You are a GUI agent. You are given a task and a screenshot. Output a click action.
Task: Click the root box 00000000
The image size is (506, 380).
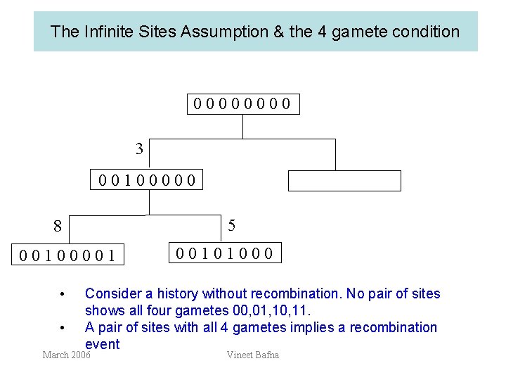pos(242,105)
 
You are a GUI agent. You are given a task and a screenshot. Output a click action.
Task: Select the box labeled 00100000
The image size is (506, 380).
pos(147,181)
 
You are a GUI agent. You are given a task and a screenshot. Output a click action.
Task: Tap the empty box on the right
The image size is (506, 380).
pos(344,181)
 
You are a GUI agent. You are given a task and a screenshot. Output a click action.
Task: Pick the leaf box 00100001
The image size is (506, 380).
pos(68,254)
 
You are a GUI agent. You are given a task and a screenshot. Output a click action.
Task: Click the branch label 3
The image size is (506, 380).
pos(139,148)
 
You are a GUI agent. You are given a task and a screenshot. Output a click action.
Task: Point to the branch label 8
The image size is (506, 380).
pos(58,227)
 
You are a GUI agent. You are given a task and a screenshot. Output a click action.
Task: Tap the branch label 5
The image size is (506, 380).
pos(232,225)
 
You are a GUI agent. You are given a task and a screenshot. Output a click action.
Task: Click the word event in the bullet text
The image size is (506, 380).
pos(102,344)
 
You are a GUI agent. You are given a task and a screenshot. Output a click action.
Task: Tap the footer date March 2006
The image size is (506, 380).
pos(66,355)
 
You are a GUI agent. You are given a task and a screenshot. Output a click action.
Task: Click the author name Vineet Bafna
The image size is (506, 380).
pos(253,355)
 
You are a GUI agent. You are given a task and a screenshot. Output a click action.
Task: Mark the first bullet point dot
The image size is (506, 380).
pos(63,293)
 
